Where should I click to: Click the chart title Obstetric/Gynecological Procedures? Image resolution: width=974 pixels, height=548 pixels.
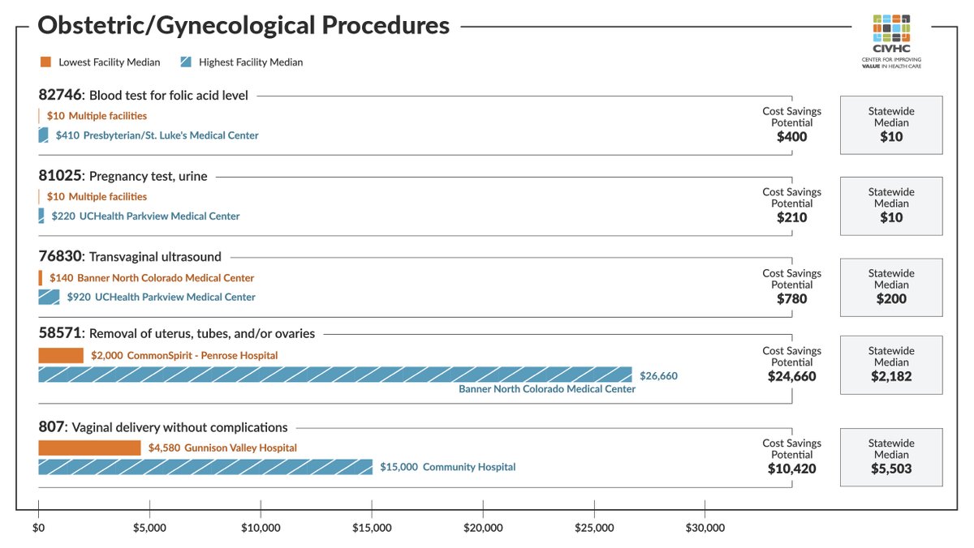243,25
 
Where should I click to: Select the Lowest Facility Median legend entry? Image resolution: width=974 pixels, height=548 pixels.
100,62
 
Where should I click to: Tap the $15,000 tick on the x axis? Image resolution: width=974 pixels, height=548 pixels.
372,528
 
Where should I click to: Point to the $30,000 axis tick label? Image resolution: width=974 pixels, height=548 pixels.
705,528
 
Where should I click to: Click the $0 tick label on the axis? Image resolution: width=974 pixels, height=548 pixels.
38,528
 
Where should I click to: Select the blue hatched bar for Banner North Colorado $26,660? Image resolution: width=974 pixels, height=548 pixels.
334,375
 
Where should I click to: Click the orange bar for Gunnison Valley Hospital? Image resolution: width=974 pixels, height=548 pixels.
89,448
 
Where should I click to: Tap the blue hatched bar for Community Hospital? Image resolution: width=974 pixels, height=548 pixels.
205,467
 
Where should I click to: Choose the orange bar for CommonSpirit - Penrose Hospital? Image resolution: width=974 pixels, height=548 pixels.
61,356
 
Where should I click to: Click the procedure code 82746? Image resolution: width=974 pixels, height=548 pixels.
59,96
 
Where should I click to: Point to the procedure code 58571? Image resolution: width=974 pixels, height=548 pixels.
59,334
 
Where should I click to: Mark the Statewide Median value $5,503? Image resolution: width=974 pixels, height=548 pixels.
891,469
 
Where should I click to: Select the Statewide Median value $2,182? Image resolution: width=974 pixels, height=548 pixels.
891,376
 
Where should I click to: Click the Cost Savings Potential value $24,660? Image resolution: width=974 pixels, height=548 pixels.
791,376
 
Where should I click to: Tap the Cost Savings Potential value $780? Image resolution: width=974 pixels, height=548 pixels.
791,298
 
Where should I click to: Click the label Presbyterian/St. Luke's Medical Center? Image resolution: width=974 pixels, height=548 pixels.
170,135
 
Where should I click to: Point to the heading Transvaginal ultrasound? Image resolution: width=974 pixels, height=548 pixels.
155,257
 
